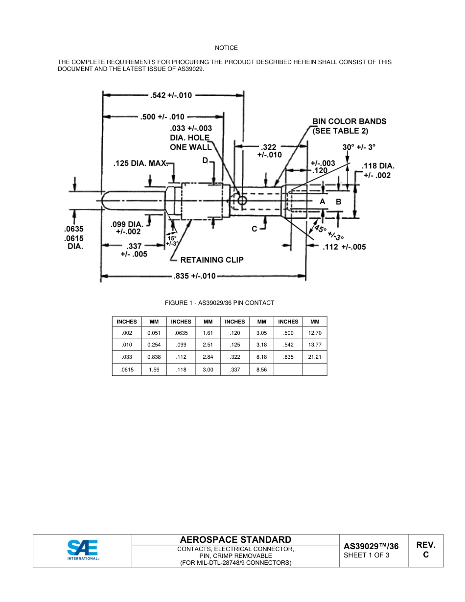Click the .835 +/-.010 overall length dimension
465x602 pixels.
point(195,276)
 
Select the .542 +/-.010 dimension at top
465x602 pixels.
point(171,95)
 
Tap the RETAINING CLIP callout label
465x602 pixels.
point(212,259)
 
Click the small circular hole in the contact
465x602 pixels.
point(242,200)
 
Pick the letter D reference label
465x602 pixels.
point(205,161)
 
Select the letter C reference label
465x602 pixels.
point(255,229)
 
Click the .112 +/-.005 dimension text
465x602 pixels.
point(344,247)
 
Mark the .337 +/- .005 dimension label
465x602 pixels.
point(134,250)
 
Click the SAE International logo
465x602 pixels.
point(83,550)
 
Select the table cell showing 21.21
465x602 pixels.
point(315,357)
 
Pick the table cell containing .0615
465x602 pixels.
point(127,370)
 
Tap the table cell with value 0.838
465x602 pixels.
point(154,357)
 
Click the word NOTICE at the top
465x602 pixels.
point(226,48)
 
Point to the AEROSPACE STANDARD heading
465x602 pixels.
point(235,539)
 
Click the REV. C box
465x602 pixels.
point(425,550)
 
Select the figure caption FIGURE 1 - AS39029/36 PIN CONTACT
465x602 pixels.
point(219,303)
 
